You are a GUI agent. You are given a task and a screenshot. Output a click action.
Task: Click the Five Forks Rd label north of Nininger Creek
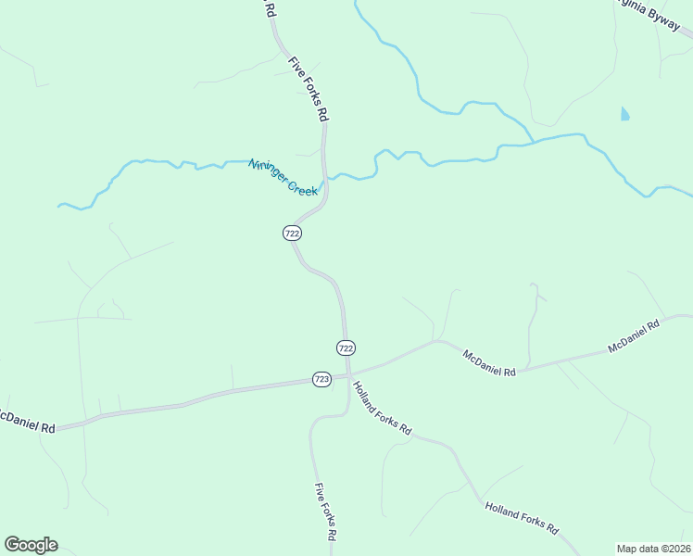point(309,90)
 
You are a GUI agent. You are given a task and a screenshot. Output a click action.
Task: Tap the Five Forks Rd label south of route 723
point(324,512)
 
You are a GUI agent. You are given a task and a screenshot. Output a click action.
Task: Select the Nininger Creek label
point(283,177)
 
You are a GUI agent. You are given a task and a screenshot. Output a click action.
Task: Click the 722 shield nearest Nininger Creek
point(292,234)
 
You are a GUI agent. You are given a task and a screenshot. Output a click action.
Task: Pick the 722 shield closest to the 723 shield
point(346,347)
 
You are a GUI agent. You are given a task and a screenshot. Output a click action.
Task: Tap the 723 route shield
point(321,379)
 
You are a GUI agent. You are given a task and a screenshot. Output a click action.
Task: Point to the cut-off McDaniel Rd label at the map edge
point(27,422)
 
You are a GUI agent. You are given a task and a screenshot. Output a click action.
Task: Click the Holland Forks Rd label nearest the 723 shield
point(382,410)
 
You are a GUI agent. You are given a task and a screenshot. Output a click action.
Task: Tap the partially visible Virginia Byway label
point(653,14)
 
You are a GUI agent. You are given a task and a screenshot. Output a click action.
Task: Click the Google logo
point(31,545)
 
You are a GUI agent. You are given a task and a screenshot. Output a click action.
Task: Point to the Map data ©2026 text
point(653,549)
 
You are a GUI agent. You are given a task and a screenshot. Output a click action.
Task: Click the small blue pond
point(624,115)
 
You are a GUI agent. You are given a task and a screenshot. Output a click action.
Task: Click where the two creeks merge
point(535,142)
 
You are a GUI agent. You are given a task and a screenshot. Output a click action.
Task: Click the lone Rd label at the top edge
point(270,9)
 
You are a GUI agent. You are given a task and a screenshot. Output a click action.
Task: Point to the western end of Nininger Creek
point(59,205)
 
